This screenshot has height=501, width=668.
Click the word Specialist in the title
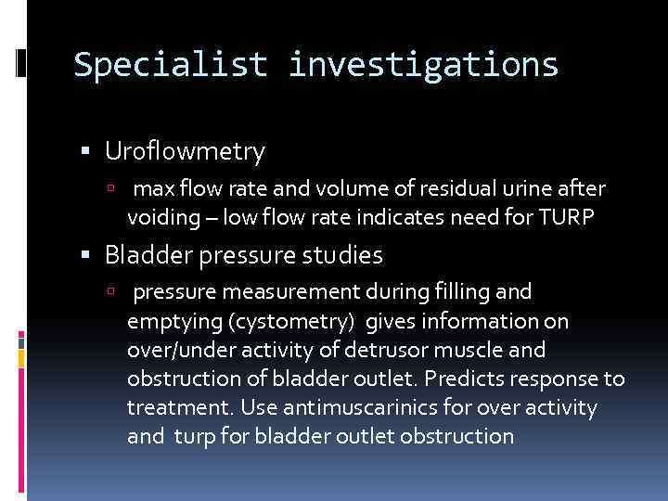[169, 64]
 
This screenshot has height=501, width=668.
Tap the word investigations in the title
[423, 64]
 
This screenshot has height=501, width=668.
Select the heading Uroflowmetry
[185, 150]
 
